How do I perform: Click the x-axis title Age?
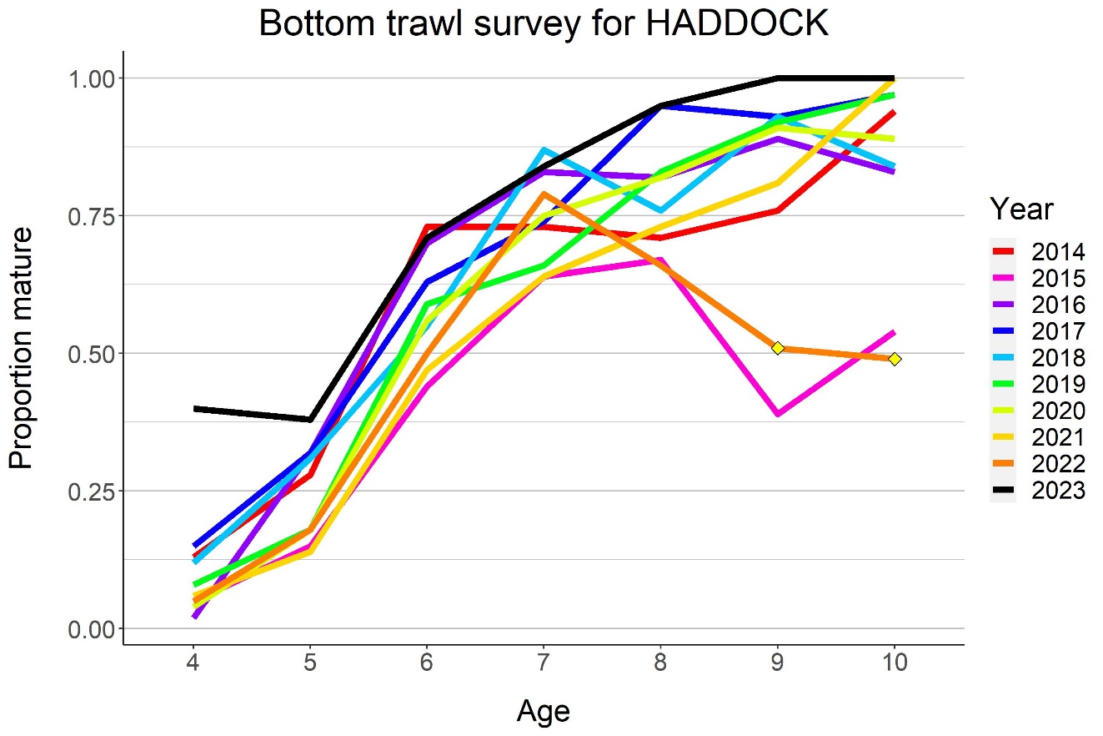coord(543,711)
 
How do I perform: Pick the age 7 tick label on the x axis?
coord(544,665)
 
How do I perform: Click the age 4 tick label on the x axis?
coord(193,665)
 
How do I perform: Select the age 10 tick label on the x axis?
coord(894,665)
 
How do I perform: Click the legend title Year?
coord(1021,209)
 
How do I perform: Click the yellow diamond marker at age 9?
coord(777,347)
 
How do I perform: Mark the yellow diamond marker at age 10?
coord(894,359)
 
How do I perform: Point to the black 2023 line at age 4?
coord(194,408)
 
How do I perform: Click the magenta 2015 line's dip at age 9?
coord(777,413)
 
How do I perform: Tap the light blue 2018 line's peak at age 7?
coord(544,150)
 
